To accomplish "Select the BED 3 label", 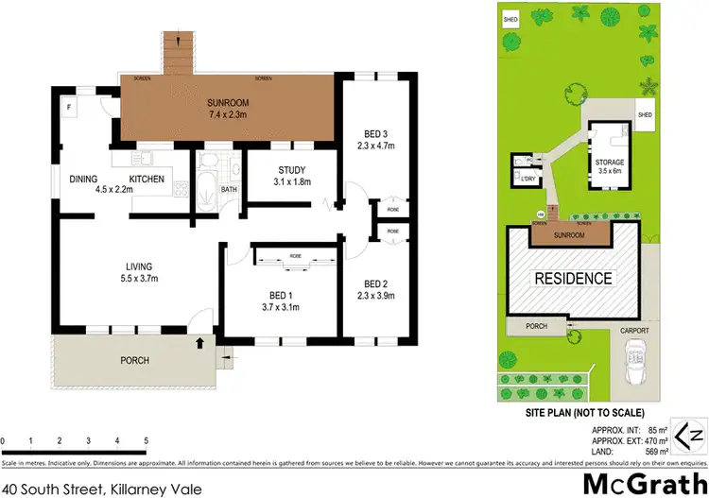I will (376, 131).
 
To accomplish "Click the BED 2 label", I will (376, 284).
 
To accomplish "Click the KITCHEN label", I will (147, 180).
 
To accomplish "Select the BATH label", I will (228, 189).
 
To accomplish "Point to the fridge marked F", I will (70, 107).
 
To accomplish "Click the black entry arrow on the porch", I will (199, 345).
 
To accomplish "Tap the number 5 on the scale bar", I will (146, 441).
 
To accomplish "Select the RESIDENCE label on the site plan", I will (574, 279).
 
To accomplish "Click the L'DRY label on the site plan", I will (527, 179).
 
